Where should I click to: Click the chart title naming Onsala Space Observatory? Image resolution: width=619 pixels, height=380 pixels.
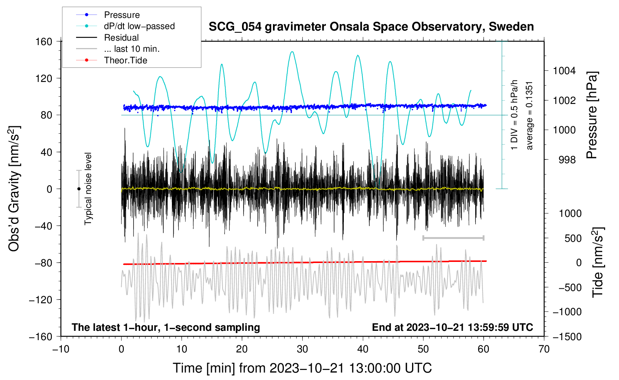(371, 27)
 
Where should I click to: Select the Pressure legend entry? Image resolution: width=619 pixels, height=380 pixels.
(122, 15)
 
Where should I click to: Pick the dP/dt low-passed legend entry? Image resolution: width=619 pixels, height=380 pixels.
(139, 26)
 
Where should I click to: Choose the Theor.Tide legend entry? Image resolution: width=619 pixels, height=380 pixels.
(125, 60)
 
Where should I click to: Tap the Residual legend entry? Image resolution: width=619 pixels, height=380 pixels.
(121, 38)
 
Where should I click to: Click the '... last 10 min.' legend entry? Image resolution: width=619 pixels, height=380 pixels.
(132, 49)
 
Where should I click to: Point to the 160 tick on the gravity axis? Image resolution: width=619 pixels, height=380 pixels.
(44, 41)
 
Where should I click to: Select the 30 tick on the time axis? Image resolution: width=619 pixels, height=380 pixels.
(302, 349)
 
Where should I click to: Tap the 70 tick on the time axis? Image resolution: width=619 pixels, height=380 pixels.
(544, 349)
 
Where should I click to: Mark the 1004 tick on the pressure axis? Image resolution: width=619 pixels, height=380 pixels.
(564, 71)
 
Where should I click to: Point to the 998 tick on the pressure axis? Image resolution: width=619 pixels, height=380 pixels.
(567, 160)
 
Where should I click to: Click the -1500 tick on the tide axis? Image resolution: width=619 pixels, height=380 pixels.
(567, 336)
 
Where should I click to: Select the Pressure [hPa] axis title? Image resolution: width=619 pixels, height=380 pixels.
(592, 115)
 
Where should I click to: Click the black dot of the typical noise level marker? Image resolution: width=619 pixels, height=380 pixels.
(79, 189)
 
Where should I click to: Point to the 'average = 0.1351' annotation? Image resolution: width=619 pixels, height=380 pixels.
(530, 115)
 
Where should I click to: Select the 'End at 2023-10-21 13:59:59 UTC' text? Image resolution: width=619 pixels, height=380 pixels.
(452, 327)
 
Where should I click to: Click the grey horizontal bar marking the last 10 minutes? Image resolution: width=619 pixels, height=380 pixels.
(453, 238)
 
